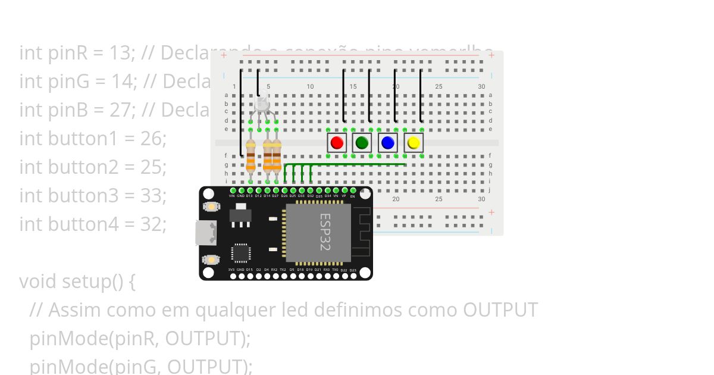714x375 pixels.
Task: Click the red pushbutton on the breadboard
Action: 337,143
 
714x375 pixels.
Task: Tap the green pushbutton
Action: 362,143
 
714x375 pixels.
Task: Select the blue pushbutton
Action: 387,143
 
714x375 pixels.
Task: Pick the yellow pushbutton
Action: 414,143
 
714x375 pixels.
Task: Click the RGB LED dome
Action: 262,105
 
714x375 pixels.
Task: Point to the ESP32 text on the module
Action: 325,232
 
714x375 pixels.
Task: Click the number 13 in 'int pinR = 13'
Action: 124,53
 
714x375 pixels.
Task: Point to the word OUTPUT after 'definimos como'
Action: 500,310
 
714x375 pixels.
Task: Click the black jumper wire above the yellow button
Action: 421,95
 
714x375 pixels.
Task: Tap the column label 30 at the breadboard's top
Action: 481,87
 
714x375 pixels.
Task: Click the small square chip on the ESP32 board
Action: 241,253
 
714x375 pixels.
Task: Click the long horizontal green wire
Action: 345,164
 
